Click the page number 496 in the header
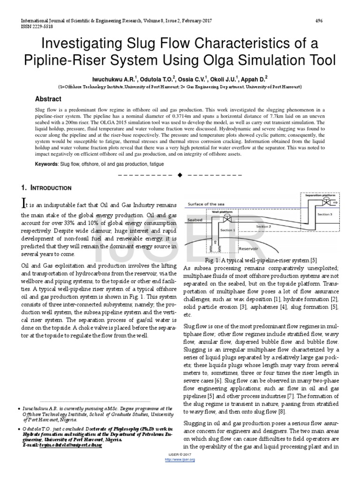point(319,21)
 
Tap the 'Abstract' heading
point(49,99)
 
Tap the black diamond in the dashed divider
point(180,175)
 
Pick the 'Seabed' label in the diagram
point(195,219)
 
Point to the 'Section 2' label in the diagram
point(263,226)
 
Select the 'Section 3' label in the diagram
point(324,214)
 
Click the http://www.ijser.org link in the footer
point(180,459)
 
